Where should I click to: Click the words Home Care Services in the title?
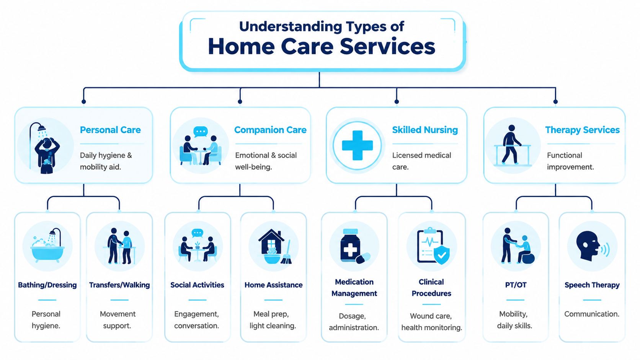pyautogui.click(x=322, y=46)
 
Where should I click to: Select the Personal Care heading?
pyautogui.click(x=110, y=130)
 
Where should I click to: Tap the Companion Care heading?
pyautogui.click(x=270, y=130)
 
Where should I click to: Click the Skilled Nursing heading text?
pyautogui.click(x=425, y=130)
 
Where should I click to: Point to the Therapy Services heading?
pyautogui.click(x=582, y=130)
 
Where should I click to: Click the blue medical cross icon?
pyautogui.click(x=357, y=145)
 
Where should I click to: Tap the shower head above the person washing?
pyautogui.click(x=42, y=128)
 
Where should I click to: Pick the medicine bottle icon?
pyautogui.click(x=351, y=245)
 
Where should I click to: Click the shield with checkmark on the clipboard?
pyautogui.click(x=442, y=254)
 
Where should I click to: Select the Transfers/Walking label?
pyautogui.click(x=119, y=285)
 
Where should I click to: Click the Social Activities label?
pyautogui.click(x=197, y=285)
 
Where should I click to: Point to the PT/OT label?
pyautogui.click(x=516, y=285)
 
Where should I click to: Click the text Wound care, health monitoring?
pyautogui.click(x=431, y=322)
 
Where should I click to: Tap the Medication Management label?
pyautogui.click(x=354, y=288)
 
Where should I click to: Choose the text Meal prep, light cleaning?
pyautogui.click(x=273, y=320)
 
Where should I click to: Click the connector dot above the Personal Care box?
pyautogui.click(x=84, y=102)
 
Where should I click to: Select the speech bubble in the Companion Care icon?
pyautogui.click(x=200, y=131)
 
